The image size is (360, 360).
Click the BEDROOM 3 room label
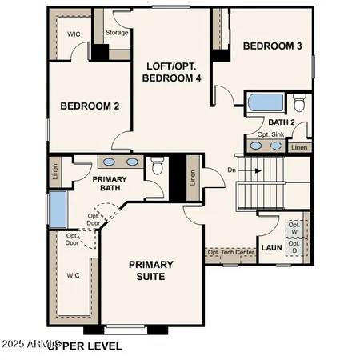(273, 46)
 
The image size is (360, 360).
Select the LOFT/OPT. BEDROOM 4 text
(171, 72)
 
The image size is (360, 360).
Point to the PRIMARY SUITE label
(150, 270)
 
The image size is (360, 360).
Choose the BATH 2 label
(282, 122)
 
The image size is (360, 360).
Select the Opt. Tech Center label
(231, 253)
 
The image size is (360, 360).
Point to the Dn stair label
(231, 170)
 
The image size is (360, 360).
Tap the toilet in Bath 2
(299, 103)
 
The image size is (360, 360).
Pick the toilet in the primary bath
(158, 166)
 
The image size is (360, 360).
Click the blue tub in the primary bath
(58, 210)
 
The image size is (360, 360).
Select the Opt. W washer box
(294, 228)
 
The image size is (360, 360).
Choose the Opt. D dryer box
(294, 247)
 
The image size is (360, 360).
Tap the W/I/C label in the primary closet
(74, 275)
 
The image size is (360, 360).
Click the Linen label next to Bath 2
(299, 147)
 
